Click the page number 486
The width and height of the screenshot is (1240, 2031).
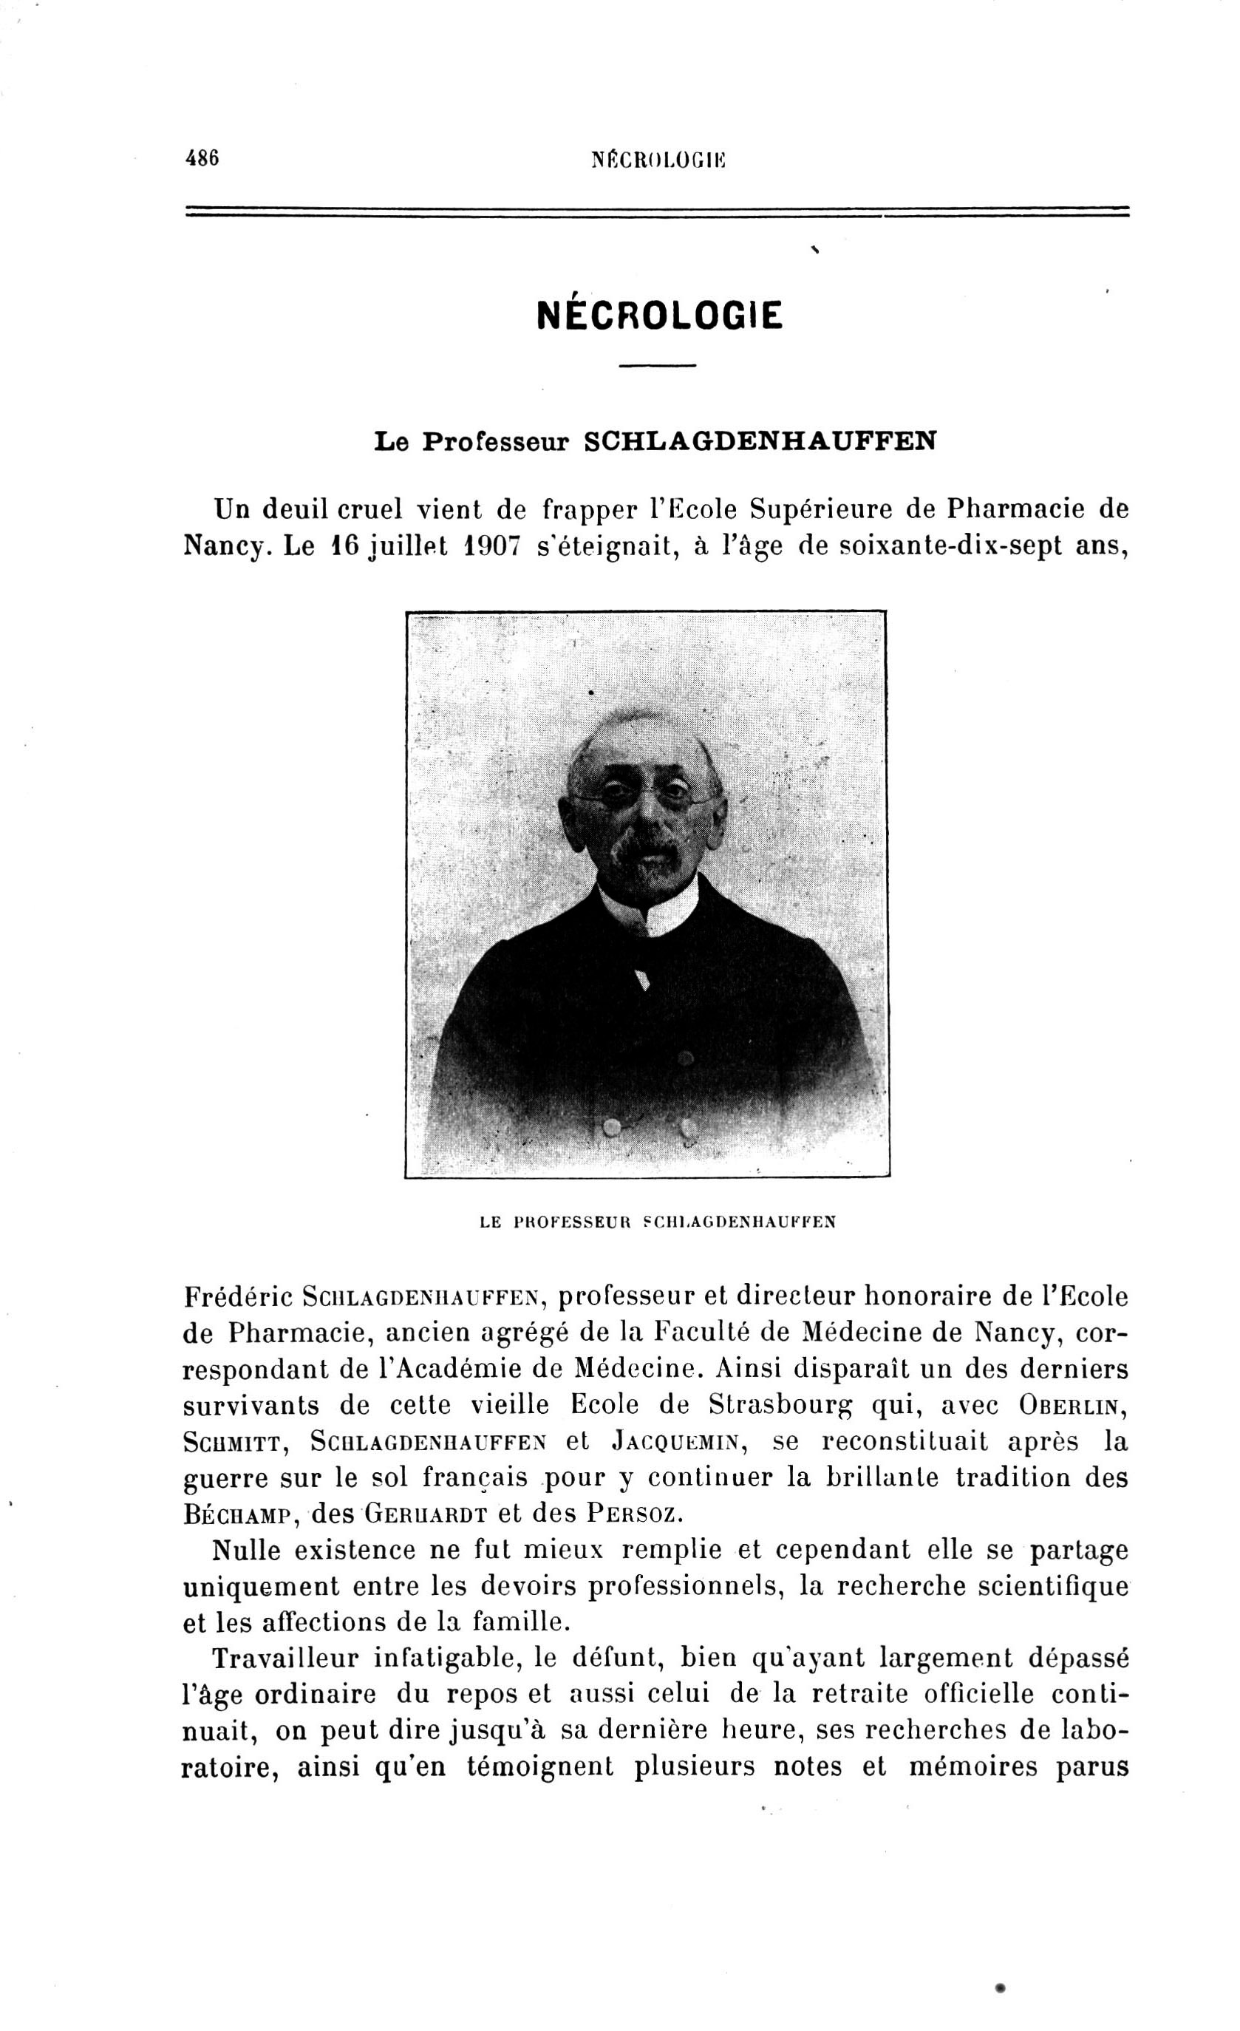pyautogui.click(x=202, y=157)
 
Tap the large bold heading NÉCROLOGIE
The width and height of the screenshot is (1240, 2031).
pyautogui.click(x=659, y=314)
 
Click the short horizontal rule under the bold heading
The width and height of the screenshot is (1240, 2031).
pyautogui.click(x=658, y=365)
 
